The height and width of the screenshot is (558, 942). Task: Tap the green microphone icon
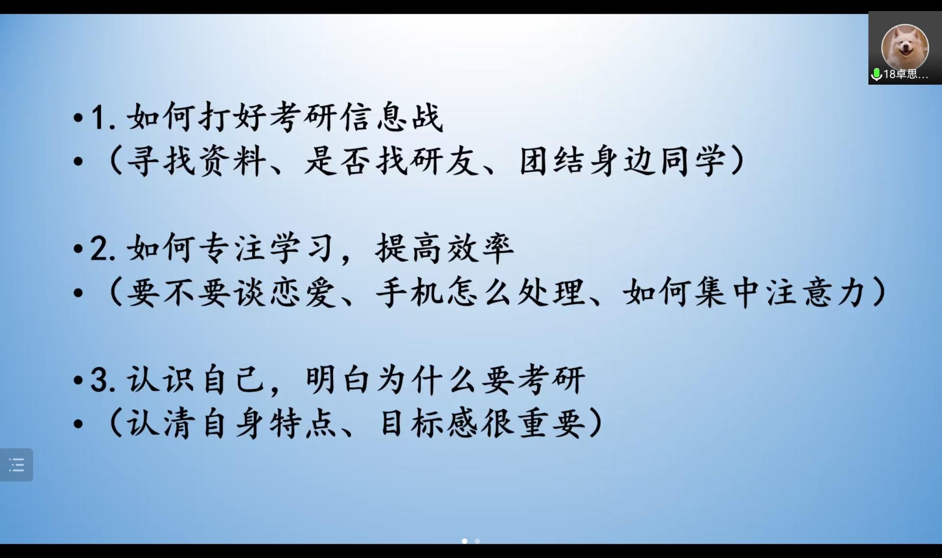876,74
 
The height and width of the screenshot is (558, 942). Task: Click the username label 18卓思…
906,74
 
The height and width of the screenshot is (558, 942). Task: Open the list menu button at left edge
17,465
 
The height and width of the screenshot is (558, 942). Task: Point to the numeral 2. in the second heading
103,249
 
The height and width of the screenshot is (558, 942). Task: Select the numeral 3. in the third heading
103,380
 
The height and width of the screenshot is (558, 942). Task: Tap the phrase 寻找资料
197,161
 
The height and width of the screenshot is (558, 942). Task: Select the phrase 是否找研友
391,161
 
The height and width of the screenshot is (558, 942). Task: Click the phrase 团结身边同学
623,161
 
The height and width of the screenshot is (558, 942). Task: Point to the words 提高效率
444,249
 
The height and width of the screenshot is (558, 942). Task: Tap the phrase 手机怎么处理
480,292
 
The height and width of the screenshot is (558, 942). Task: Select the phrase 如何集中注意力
745,292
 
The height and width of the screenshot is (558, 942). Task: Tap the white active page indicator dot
465,541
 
